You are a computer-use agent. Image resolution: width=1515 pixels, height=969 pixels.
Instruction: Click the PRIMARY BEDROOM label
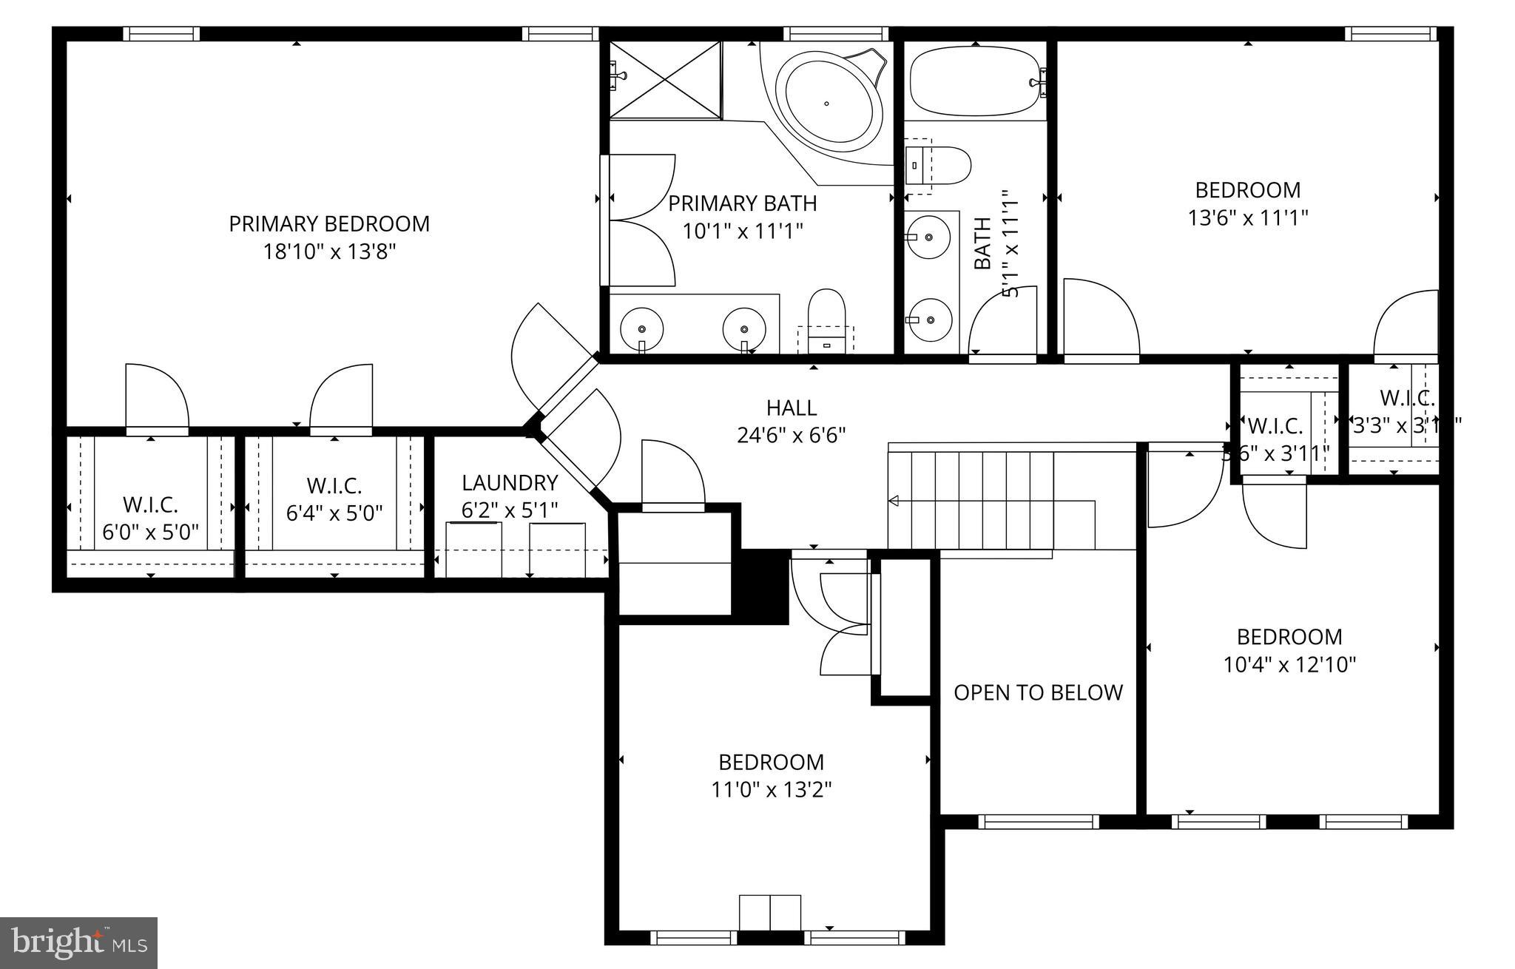(329, 223)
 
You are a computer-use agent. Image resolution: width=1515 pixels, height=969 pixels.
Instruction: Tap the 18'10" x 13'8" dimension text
(329, 252)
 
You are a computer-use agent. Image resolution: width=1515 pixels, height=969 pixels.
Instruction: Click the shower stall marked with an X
(664, 79)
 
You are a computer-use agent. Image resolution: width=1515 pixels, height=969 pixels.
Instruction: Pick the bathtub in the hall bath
(975, 81)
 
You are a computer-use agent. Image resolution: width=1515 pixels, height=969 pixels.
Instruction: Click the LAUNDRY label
(510, 482)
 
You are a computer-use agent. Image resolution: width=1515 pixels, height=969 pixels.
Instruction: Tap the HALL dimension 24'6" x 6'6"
(791, 435)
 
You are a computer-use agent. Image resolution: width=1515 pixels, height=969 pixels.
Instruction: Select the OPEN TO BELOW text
(1038, 692)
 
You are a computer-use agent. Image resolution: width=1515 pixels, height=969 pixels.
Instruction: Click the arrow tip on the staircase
(893, 501)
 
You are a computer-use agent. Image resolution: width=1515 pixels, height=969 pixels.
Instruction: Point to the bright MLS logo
(79, 943)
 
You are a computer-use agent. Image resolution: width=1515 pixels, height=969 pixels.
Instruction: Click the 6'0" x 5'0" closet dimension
(150, 533)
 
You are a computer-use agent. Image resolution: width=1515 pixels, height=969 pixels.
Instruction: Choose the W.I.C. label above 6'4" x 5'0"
(334, 486)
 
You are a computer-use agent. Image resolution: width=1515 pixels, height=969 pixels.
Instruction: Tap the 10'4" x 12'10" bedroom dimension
(1289, 664)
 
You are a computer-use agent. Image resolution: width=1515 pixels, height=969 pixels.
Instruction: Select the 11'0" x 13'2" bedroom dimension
(772, 790)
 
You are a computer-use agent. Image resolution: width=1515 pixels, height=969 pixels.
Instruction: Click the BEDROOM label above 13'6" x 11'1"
(1248, 190)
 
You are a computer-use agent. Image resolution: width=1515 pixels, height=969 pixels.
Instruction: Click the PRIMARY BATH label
(743, 203)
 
